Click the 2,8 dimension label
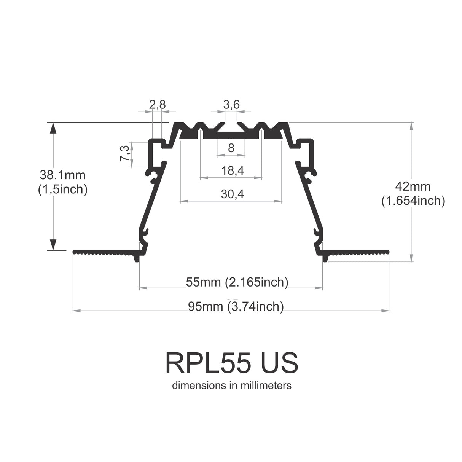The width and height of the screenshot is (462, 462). (157, 104)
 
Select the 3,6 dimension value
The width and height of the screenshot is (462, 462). (231, 104)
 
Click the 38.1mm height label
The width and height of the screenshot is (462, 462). (63, 175)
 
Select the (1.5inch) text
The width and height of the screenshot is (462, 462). (63, 189)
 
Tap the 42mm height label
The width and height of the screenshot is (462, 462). (413, 186)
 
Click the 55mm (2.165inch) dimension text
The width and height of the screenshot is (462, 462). (237, 282)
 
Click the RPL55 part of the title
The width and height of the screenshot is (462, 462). (207, 363)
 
